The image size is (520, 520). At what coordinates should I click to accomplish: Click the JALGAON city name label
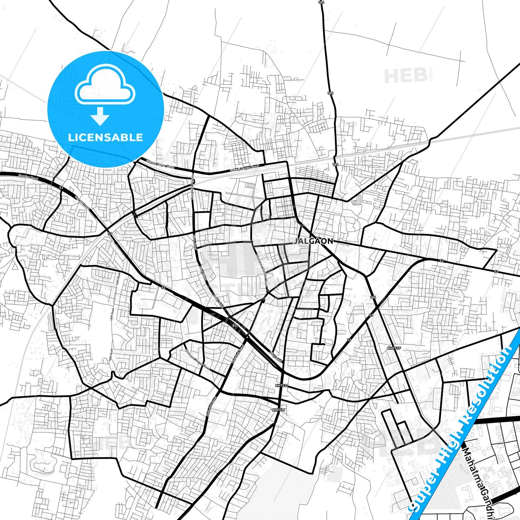click(313, 241)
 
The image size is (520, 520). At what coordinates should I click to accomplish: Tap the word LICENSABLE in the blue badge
click(105, 137)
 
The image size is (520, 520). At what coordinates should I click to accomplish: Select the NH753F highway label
click(394, 348)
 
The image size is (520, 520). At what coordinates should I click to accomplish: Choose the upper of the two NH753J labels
click(282, 385)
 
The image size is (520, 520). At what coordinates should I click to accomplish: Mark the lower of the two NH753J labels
click(278, 410)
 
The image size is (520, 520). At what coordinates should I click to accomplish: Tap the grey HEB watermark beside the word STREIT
click(406, 76)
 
